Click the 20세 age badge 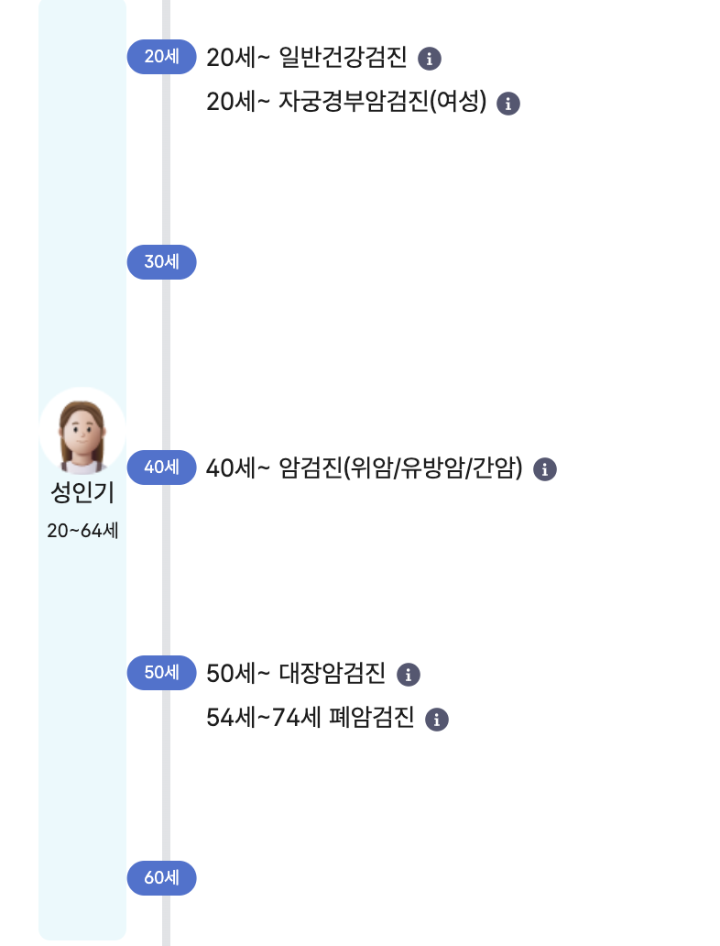point(161,57)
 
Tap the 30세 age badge point(161,262)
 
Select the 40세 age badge point(161,467)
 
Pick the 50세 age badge point(161,673)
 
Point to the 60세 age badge point(161,878)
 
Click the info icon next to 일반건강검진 point(430,59)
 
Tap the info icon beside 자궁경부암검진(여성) point(508,103)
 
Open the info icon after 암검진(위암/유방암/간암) point(545,469)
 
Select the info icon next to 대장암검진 point(409,675)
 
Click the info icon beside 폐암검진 point(437,719)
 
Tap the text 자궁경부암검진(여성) point(382,102)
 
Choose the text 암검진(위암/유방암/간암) point(400,468)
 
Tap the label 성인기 point(82,494)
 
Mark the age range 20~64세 point(82,531)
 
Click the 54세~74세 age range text point(264,718)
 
